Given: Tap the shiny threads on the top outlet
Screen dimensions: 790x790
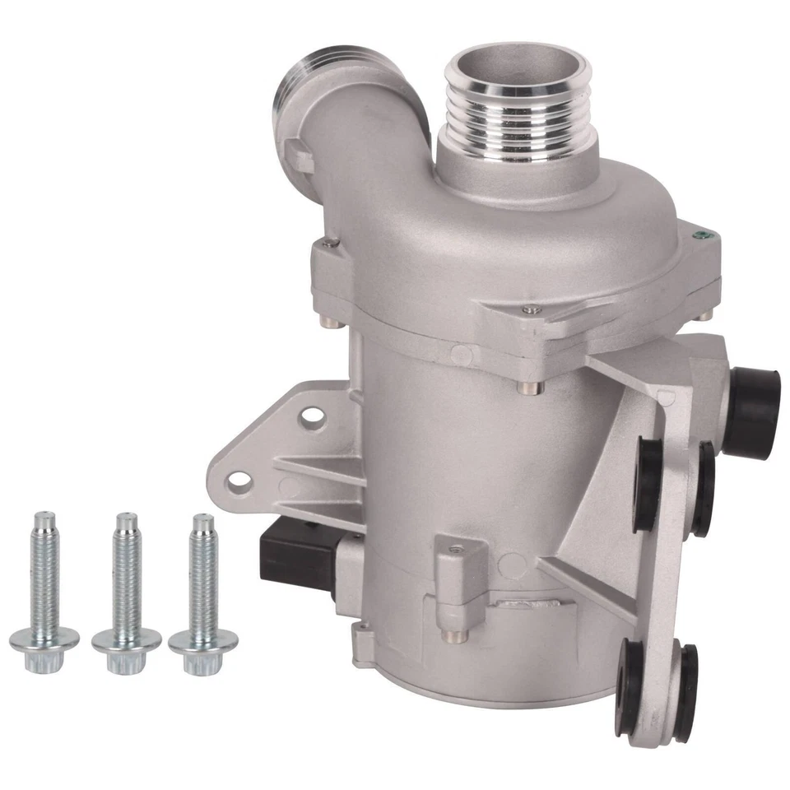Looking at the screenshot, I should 517,119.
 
